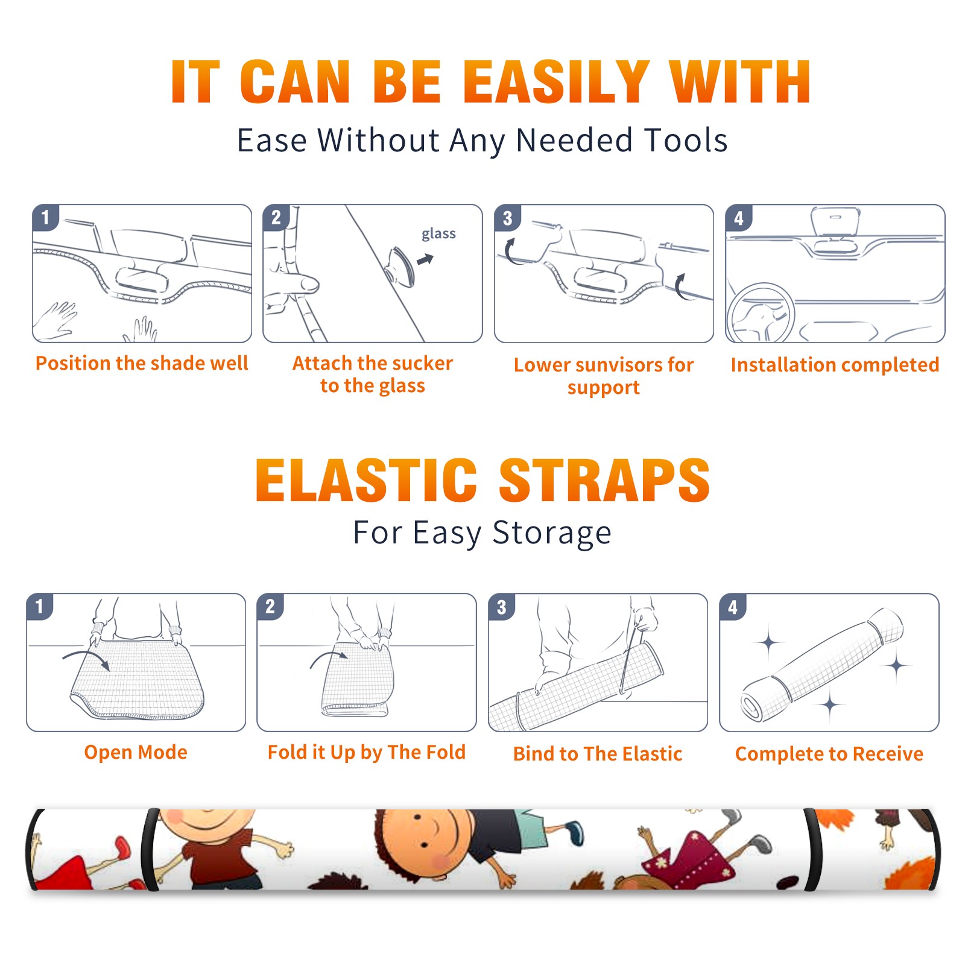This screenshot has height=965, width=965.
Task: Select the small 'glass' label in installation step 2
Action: tap(438, 234)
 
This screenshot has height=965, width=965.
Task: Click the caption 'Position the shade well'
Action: tap(142, 363)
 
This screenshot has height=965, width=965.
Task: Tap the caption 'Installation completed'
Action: tap(835, 364)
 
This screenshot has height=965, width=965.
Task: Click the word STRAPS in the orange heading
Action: tap(604, 480)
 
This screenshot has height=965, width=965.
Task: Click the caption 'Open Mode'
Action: tap(136, 752)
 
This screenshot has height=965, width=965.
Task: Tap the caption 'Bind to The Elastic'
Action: tap(597, 753)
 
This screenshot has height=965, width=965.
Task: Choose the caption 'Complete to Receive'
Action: tap(829, 754)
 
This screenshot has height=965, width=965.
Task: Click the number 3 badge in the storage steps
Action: tap(501, 607)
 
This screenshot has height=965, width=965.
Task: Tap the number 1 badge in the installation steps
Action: tap(45, 218)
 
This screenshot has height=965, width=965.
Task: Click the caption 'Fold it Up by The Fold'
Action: tap(367, 752)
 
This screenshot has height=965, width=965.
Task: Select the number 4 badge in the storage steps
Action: tap(733, 607)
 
